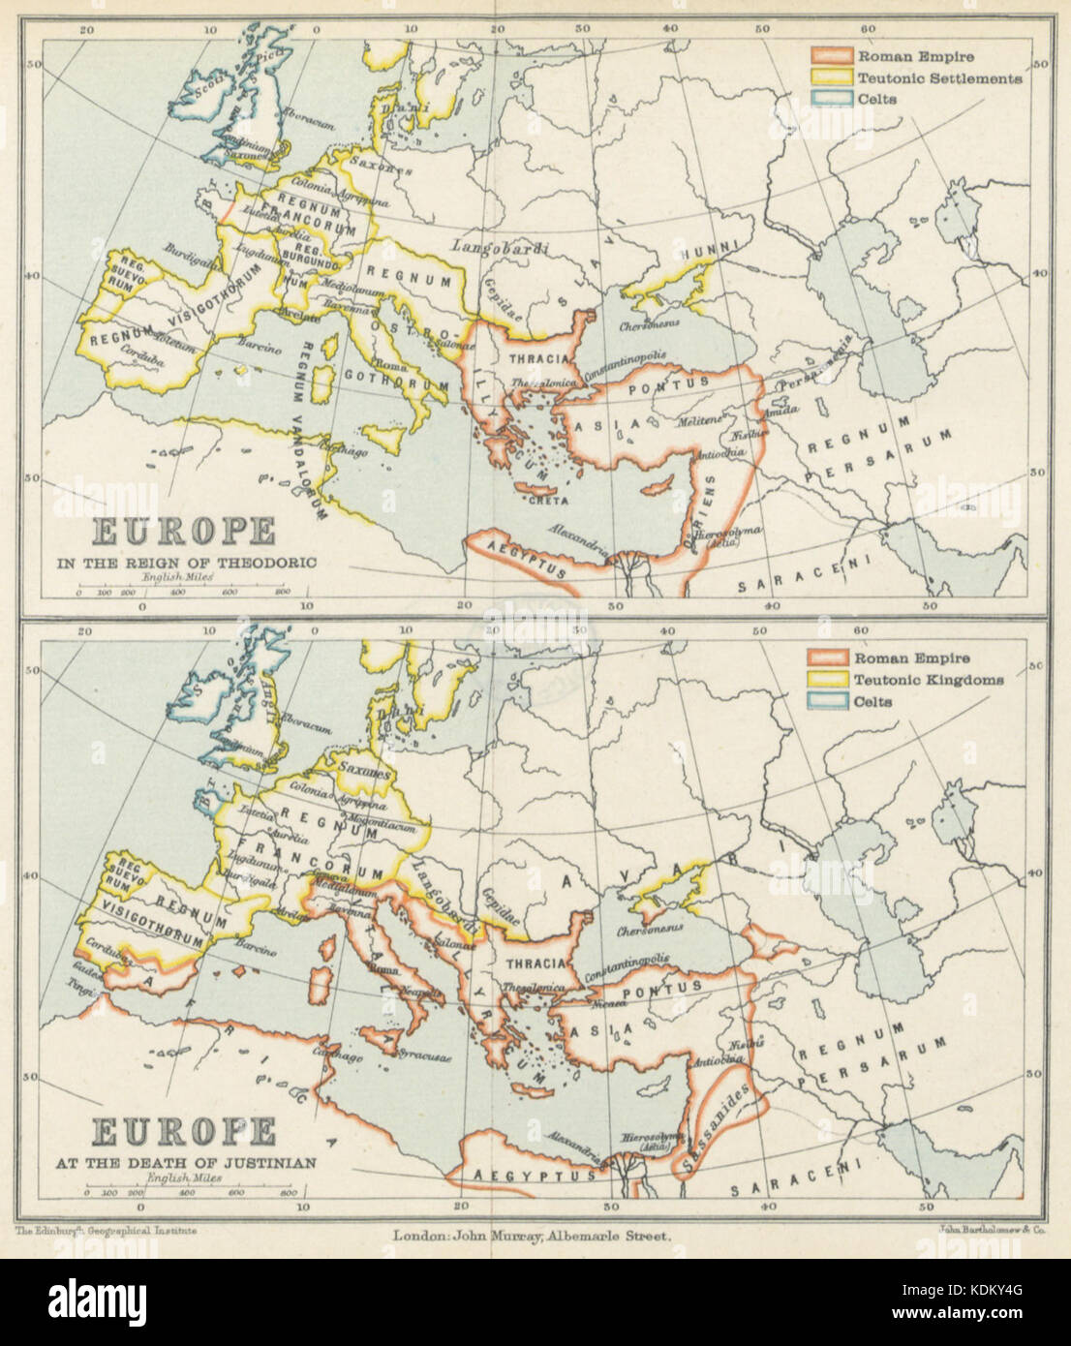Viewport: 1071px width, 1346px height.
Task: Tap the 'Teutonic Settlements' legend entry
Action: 939,78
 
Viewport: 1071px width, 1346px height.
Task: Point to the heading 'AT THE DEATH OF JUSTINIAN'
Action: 202,1163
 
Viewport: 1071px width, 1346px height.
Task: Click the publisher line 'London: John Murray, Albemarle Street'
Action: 531,1236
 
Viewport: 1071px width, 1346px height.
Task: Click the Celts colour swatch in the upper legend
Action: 829,99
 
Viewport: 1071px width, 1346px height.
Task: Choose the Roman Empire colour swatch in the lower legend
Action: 829,658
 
